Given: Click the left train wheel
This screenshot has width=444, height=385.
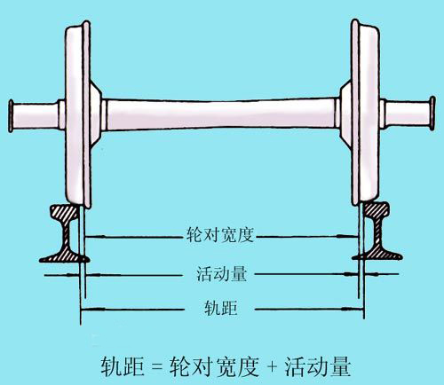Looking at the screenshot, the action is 77,114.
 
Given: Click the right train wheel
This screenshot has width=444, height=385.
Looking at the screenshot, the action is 366,113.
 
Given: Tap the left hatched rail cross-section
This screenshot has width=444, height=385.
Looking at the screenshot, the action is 65,233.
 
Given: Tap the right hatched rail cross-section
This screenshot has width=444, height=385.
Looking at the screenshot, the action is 377,232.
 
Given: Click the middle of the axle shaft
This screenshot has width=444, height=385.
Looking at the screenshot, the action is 221,114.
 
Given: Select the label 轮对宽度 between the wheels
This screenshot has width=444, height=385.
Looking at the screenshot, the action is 220,236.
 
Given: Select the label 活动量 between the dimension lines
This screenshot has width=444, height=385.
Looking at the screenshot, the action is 221,273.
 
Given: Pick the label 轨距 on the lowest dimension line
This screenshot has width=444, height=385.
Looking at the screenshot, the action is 221,308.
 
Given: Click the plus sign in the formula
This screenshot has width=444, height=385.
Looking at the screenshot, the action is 272,367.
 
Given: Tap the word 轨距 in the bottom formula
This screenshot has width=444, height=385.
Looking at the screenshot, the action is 123,366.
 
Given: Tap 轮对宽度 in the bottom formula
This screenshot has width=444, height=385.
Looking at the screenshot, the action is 214,366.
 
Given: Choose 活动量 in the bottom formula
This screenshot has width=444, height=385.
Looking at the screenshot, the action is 318,366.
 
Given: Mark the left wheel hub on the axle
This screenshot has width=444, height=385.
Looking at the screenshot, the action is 95,114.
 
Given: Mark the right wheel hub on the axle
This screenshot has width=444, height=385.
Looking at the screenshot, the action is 345,113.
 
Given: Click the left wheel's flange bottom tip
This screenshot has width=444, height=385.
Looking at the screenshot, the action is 88,207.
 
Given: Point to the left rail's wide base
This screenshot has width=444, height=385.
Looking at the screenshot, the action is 65,257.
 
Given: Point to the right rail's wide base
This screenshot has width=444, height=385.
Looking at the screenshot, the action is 377,255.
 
